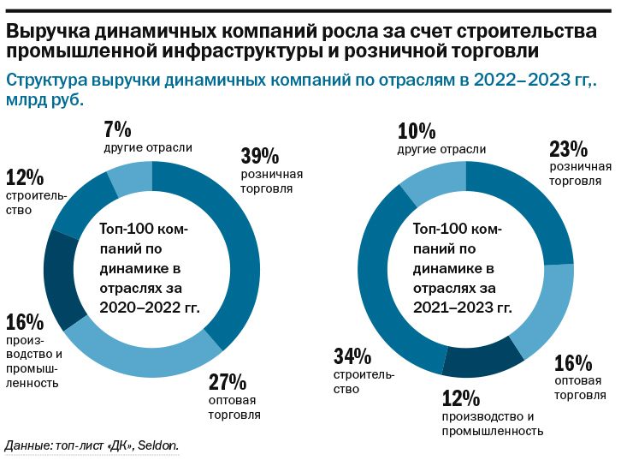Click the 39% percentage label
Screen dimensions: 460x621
(259, 156)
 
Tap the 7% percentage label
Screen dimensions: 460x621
(117, 129)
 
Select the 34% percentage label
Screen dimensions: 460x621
(352, 355)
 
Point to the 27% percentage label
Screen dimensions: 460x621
(228, 381)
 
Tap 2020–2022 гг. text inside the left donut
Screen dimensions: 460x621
(151, 306)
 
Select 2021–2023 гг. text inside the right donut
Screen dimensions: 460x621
(463, 306)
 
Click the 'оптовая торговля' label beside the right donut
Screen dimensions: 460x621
(578, 387)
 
